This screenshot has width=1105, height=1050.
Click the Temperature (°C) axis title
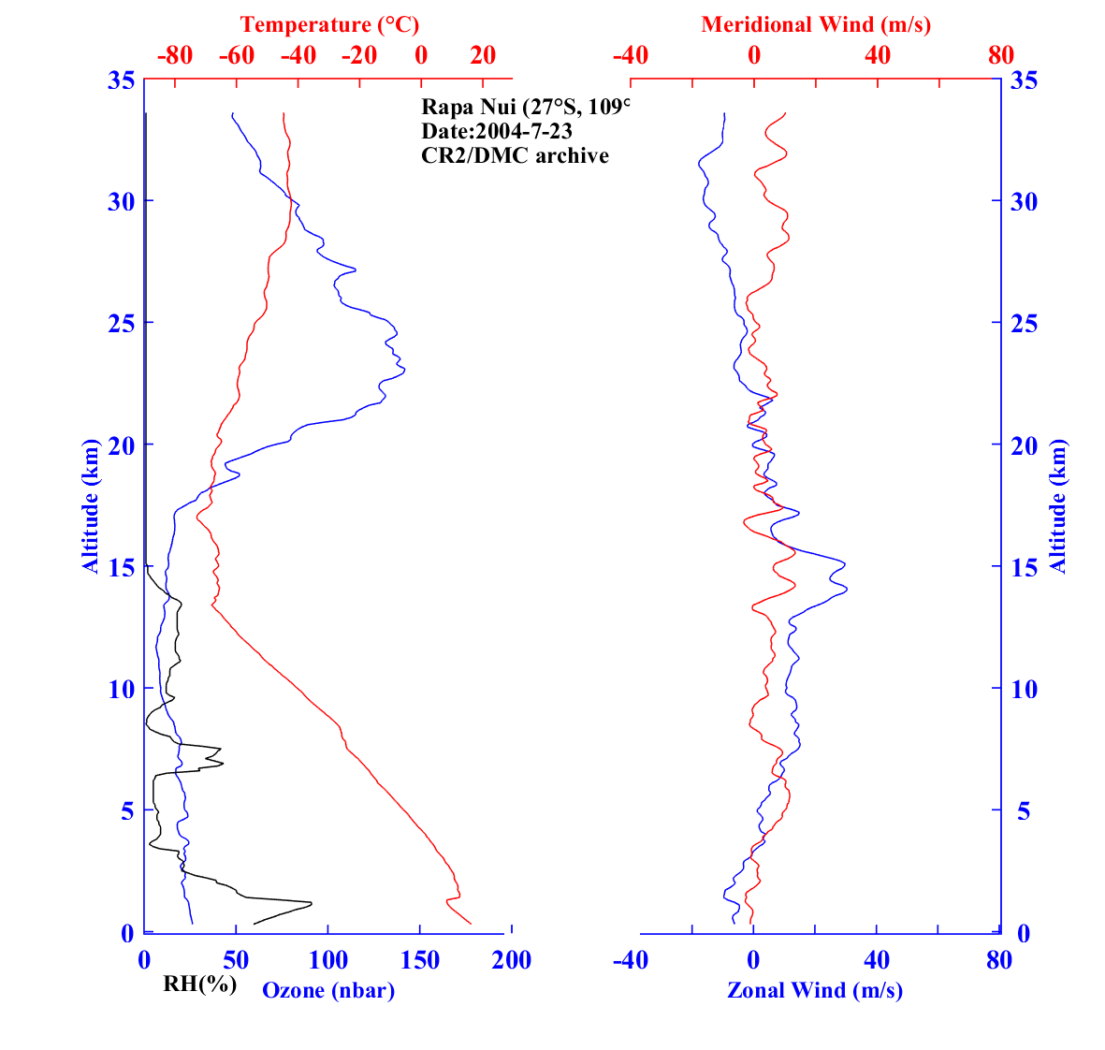coord(329,24)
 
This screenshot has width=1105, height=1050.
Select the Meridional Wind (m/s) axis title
coord(816,24)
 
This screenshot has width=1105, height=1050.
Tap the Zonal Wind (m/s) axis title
coord(815,989)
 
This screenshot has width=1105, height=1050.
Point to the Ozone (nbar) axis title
coord(328,990)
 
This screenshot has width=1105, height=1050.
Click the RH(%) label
coord(199,984)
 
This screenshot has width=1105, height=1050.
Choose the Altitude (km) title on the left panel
coord(90,505)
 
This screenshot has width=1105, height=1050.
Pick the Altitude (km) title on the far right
coord(1058,506)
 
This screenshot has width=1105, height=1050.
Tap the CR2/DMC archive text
coord(515,155)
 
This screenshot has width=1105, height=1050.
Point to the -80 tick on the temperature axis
coord(174,55)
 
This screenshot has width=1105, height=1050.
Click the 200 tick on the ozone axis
coord(512,960)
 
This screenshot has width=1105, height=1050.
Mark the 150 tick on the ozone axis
coord(420,960)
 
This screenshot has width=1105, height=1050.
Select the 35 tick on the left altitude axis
coord(119,80)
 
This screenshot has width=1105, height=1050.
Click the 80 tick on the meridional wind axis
coord(1000,55)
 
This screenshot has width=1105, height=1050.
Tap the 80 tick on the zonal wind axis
coord(999,960)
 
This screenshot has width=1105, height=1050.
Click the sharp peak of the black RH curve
coord(311,903)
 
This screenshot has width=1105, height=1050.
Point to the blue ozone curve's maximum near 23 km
coord(404,372)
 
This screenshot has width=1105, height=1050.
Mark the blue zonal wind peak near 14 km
coord(847,589)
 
